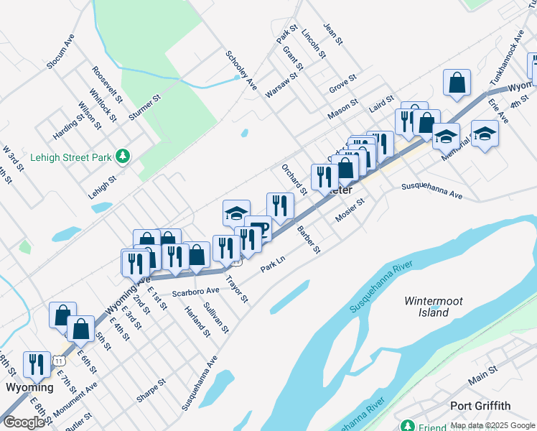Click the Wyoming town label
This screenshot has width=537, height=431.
point(29,387)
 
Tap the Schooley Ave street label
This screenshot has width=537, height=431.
point(241,70)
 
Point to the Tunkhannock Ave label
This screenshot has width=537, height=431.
point(507,59)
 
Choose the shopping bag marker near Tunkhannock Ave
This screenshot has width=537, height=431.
point(457,83)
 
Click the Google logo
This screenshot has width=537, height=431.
point(24,422)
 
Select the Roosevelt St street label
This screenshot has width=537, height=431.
point(108,83)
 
